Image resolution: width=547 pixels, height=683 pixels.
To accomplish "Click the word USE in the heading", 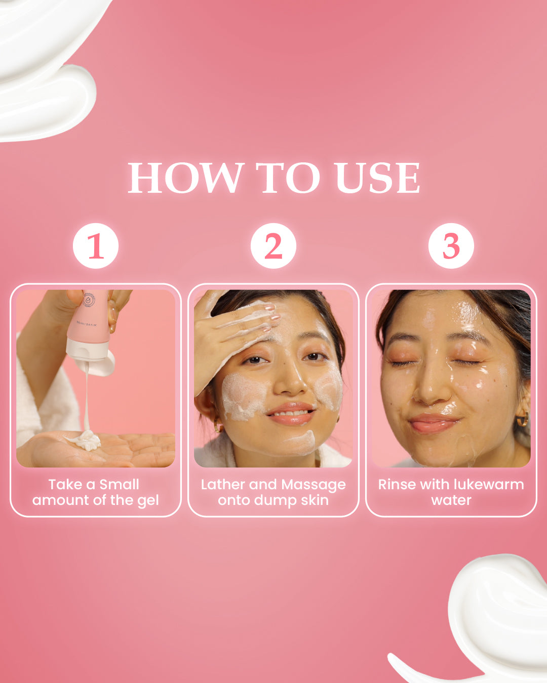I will tap(377, 178).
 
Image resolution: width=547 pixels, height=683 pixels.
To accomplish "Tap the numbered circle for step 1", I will tap(96, 246).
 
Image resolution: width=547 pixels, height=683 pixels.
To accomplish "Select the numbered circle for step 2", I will tap(273, 246).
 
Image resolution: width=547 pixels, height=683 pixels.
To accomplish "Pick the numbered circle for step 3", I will tap(451, 246).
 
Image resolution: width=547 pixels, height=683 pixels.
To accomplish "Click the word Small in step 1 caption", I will tap(119, 484).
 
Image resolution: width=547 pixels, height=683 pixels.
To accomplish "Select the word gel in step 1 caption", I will tap(148, 500).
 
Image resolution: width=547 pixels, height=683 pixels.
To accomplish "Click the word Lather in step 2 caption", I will tap(223, 484).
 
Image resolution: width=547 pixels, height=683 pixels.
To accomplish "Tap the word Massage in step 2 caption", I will tap(314, 485).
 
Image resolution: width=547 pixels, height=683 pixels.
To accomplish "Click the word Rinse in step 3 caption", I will tap(397, 484).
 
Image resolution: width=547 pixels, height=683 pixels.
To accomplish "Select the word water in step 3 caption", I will tap(451, 500).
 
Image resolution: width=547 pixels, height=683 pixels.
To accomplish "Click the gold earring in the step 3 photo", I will tap(522, 419).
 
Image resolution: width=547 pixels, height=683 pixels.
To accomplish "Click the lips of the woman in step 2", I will tap(290, 413).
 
